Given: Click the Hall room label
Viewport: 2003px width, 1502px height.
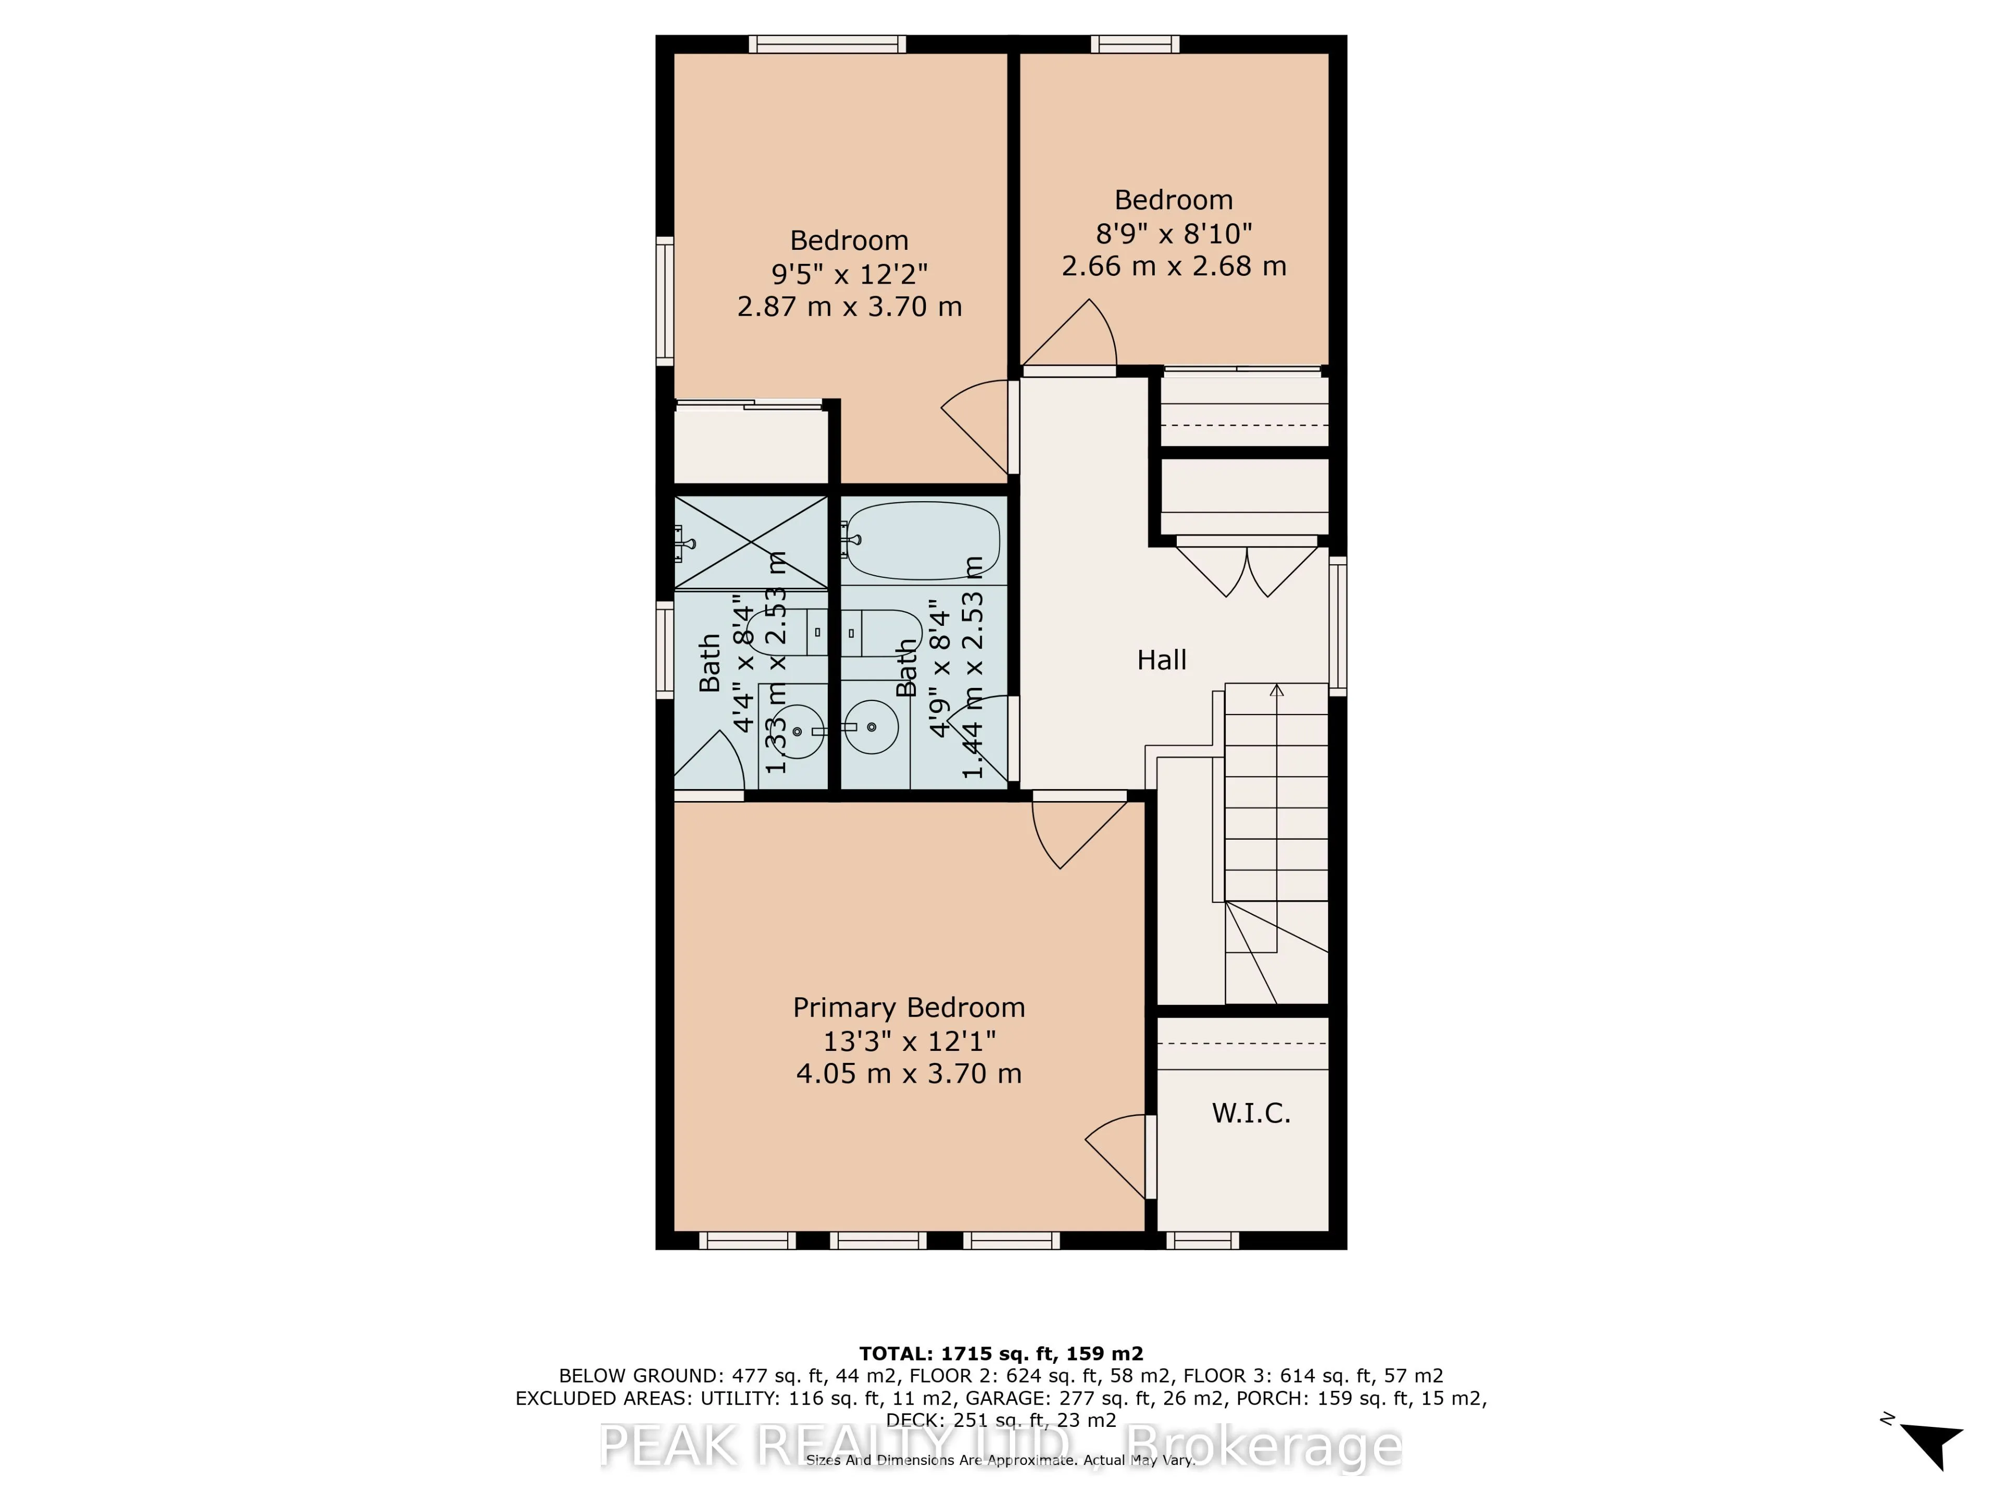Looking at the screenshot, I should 1161,660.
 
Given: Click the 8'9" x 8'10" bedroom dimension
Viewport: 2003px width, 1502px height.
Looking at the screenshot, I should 1174,234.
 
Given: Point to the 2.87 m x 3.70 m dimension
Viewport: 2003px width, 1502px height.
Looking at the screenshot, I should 849,307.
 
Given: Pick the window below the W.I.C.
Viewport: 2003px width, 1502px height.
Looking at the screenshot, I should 1202,1240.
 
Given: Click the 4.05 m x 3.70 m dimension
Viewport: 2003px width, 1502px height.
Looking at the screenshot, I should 908,1074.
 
